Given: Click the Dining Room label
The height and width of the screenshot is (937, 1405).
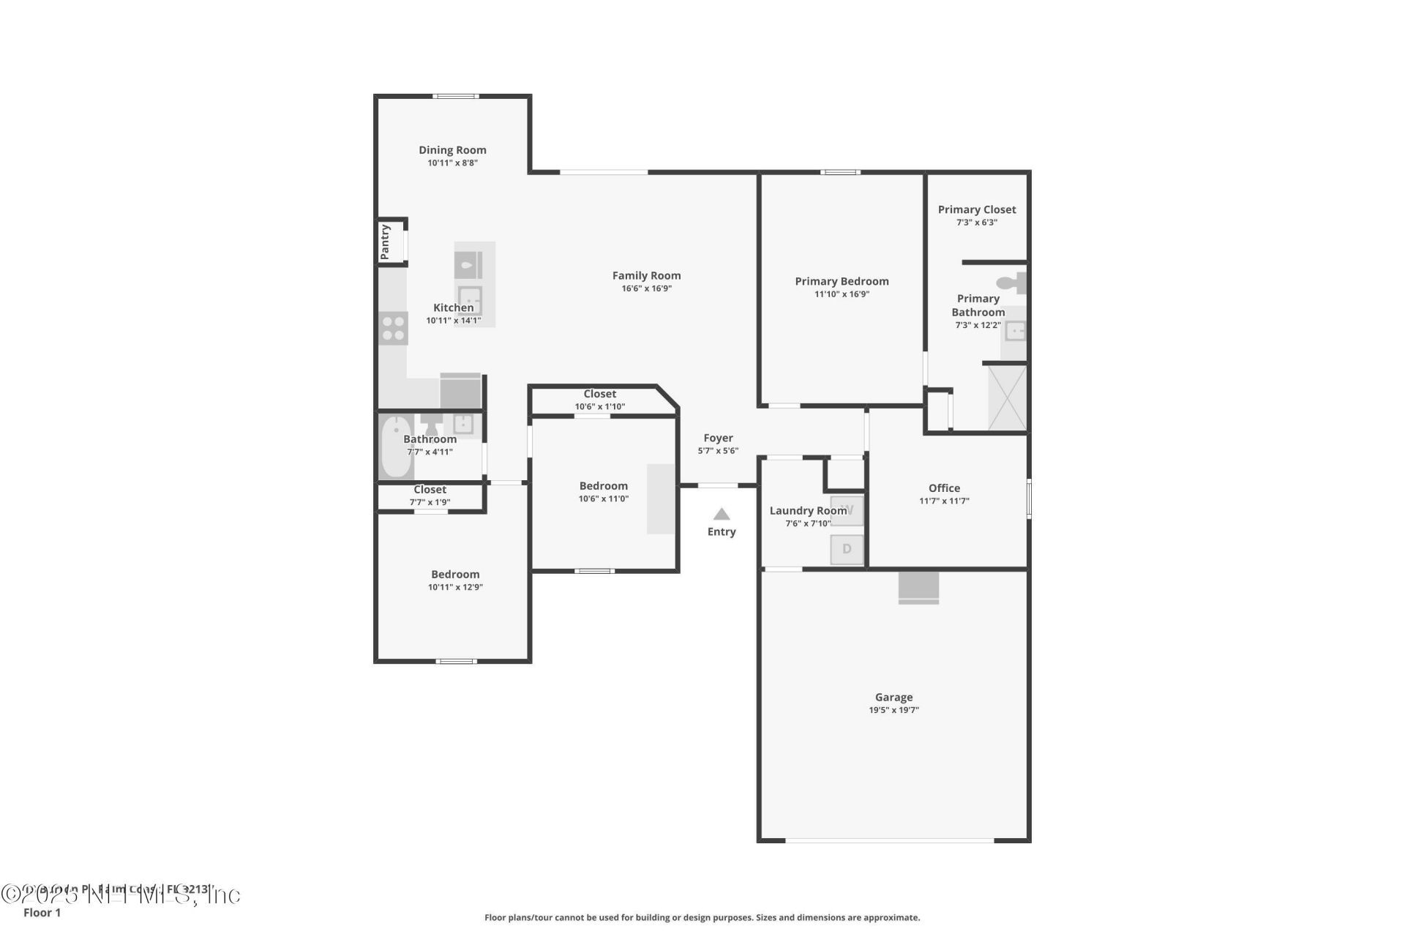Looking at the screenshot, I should click(x=452, y=150).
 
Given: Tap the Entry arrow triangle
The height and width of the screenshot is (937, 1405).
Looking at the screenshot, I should click(x=722, y=514).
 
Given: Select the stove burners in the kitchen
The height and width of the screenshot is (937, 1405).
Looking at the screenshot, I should click(x=394, y=328).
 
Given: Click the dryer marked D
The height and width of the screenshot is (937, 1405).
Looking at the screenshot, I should click(x=847, y=548).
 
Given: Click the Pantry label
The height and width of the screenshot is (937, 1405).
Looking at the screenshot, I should click(x=385, y=242).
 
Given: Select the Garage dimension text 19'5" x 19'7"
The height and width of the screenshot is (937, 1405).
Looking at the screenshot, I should click(x=893, y=710).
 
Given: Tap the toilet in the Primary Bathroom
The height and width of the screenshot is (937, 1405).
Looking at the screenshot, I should click(x=1013, y=283).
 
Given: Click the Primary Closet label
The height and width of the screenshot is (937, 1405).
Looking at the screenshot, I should click(x=977, y=209).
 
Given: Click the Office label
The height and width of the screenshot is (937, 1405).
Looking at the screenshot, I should click(x=944, y=488).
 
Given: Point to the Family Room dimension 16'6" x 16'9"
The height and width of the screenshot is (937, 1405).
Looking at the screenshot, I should click(x=646, y=288).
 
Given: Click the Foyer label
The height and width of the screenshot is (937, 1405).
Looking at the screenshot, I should click(x=718, y=438).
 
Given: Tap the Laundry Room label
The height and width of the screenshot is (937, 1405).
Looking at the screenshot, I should click(x=808, y=511).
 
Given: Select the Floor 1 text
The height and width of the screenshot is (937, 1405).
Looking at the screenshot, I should click(x=42, y=913).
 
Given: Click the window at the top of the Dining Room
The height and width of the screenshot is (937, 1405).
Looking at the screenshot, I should click(x=455, y=96).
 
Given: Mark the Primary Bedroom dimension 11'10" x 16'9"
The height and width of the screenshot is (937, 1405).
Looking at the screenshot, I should click(x=842, y=294).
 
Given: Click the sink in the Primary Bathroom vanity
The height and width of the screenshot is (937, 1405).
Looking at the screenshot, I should click(x=1016, y=332).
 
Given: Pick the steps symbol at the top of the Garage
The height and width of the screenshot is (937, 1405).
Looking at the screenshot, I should click(x=918, y=588).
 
